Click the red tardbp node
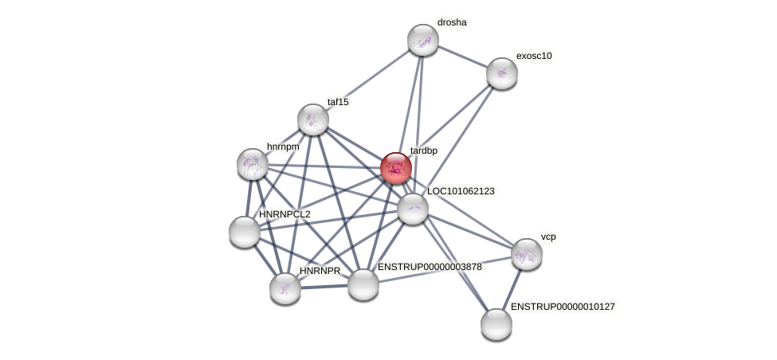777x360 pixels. pos(395,168)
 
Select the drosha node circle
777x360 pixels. pos(423,40)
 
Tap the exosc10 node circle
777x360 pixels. pos(502,73)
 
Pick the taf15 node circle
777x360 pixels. pos(313,119)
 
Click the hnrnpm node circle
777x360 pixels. pos(253,164)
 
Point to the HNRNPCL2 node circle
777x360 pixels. pos(245,232)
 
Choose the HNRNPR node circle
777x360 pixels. pos(285,288)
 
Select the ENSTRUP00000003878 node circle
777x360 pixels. pos(363,284)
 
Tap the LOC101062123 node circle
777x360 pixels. pos(413,209)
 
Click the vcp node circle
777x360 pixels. pos(527,254)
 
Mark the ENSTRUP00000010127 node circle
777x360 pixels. pos(496,324)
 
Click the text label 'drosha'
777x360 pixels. pos(452,22)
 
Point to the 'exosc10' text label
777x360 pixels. pos(534,56)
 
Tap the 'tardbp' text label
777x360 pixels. pos(423,151)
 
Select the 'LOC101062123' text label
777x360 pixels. pos(461,191)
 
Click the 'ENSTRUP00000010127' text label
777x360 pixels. pos(563,307)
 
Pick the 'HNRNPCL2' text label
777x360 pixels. pos(285,214)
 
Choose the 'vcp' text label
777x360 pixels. pos(548,237)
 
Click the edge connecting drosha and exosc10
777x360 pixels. pos(463,57)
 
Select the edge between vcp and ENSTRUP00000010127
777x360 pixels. pos(512,288)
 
